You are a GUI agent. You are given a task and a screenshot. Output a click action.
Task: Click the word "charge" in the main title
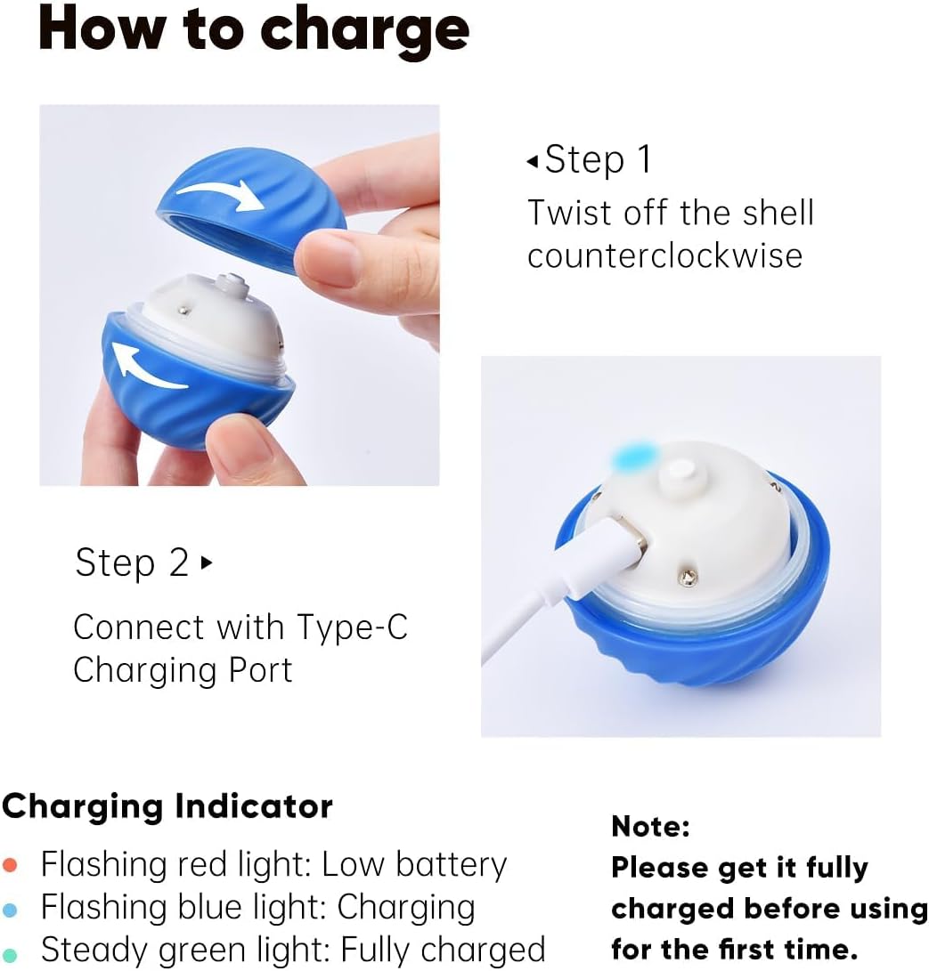point(364,30)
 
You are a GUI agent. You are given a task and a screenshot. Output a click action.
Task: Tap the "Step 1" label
point(598,160)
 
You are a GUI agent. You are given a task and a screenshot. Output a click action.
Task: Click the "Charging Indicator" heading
point(167,807)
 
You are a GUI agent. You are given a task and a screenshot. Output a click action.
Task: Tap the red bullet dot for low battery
point(10,865)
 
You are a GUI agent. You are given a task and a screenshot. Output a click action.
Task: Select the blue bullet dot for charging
point(10,909)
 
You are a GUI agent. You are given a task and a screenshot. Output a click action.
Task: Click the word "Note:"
point(651,827)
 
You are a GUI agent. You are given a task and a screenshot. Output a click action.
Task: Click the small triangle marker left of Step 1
point(533,161)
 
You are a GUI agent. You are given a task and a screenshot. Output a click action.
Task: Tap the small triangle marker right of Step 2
point(207,562)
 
